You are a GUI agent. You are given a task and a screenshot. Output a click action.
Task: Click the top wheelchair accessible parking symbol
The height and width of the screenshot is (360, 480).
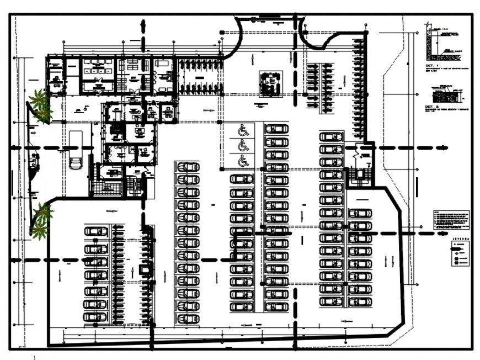click(x=242, y=131)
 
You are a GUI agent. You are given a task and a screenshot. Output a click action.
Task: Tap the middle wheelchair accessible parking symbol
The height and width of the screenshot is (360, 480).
click(x=242, y=146)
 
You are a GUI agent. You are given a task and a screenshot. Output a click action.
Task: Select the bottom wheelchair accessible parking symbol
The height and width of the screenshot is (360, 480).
click(x=242, y=161)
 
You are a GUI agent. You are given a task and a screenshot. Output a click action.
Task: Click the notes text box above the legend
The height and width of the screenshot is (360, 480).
click(x=451, y=220)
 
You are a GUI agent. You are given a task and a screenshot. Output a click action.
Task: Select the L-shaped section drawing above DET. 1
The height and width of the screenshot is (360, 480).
click(x=441, y=43)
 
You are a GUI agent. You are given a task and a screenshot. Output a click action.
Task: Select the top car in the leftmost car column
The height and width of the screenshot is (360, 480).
click(x=96, y=231)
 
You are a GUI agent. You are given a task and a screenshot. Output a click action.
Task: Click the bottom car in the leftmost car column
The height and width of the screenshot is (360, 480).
click(x=96, y=317)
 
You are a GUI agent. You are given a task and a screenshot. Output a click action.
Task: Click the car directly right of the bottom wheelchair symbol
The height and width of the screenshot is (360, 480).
click(x=276, y=166)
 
